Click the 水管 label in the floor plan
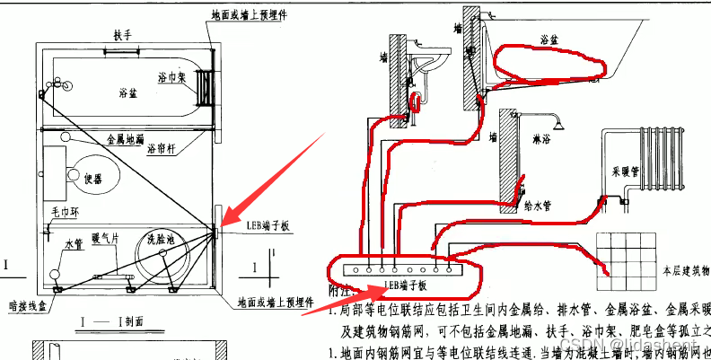pos(74,244)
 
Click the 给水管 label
pos(536,205)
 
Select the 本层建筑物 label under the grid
pos(683,268)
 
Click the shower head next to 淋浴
pos(556,119)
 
